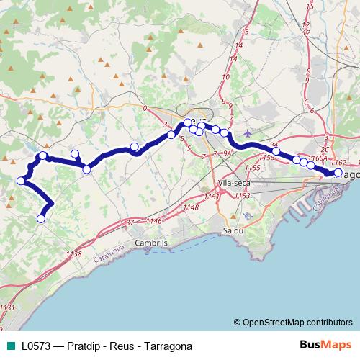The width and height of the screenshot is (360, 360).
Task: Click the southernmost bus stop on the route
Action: click(42, 218)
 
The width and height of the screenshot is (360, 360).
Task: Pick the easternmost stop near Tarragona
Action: click(338, 172)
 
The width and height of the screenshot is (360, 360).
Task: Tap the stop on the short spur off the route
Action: click(75, 153)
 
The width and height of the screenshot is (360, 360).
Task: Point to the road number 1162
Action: click(339, 163)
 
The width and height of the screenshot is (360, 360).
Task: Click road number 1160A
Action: click(317, 158)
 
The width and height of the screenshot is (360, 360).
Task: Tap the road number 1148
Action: click(190, 207)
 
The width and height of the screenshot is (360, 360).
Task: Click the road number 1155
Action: click(251, 167)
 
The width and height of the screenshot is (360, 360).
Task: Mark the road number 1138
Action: click(73, 254)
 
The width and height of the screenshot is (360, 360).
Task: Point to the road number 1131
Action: click(7, 307)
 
